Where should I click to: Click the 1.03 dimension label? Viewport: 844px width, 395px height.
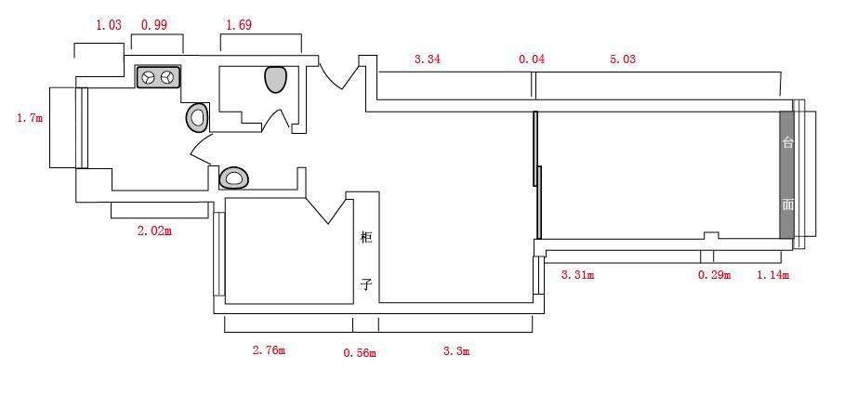(x=109, y=25)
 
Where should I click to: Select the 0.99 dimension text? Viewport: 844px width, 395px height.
(x=154, y=25)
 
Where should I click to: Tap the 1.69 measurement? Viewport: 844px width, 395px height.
(x=239, y=25)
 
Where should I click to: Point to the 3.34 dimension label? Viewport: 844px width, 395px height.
(x=428, y=59)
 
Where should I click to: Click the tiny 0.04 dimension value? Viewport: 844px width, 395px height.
(x=532, y=59)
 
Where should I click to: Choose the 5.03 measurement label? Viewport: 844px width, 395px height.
(x=622, y=59)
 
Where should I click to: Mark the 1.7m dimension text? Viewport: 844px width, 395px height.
(x=30, y=118)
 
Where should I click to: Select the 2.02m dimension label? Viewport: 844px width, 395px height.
(x=155, y=231)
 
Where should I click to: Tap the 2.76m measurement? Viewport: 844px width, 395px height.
(x=269, y=350)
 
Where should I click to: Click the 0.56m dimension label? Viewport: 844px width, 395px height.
(x=360, y=353)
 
